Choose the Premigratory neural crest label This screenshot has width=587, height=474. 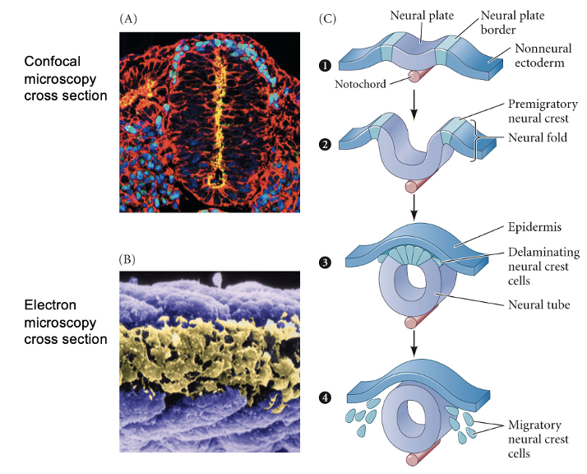543,112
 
